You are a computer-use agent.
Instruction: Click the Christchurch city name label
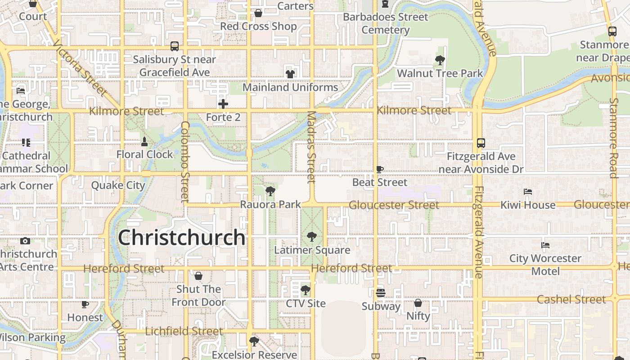click(182, 238)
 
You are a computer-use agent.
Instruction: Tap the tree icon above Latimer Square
click(311, 237)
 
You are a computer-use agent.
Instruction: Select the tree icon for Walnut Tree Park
click(440, 60)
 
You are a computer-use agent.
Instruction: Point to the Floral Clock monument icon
click(144, 142)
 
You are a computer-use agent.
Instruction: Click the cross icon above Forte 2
click(223, 104)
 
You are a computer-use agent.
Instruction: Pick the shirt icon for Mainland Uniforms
click(290, 74)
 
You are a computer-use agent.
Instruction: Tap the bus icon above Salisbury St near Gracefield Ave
click(174, 46)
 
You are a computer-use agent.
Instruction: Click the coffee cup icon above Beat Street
click(380, 170)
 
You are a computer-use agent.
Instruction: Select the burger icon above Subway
click(381, 293)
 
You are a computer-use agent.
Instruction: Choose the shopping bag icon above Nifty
click(418, 303)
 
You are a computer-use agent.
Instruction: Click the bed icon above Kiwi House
click(528, 192)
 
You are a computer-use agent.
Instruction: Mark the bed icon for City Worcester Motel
click(545, 245)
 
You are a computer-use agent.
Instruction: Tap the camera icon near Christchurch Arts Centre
click(25, 241)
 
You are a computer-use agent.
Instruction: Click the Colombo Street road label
click(185, 162)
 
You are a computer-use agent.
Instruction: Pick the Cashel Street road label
click(571, 299)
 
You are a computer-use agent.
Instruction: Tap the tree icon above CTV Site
click(306, 290)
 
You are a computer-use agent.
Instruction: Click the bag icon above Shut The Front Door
click(198, 276)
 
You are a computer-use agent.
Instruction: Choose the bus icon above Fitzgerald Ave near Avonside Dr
click(481, 143)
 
